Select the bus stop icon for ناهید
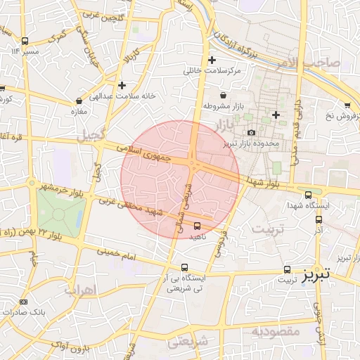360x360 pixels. tap(197, 226)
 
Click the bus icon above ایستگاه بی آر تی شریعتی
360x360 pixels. tap(184, 267)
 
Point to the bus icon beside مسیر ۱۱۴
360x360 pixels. tap(25, 41)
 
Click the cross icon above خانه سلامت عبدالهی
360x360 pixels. tap(122, 84)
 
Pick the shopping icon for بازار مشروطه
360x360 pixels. tap(224, 95)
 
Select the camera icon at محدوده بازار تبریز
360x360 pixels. tap(251, 132)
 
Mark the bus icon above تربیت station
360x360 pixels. tap(287, 269)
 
